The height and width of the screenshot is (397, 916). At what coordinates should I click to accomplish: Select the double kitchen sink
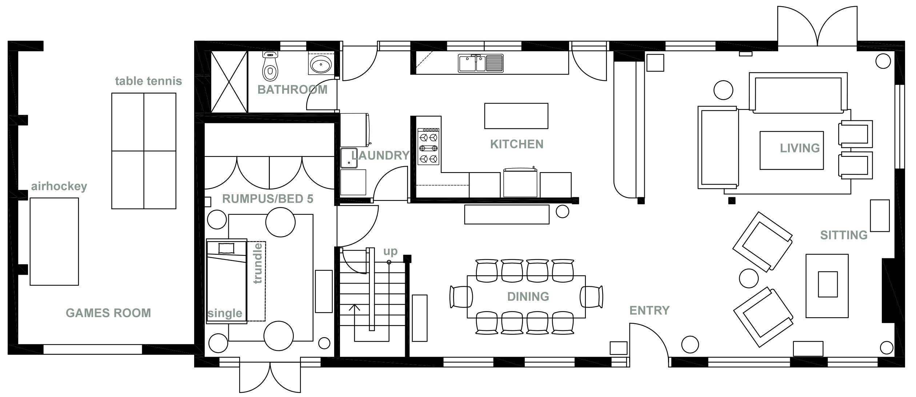point(480,63)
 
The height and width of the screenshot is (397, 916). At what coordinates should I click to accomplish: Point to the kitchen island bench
point(516,116)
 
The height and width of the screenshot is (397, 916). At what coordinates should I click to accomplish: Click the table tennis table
point(144,151)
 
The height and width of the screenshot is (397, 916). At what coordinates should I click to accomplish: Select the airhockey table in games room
point(54,241)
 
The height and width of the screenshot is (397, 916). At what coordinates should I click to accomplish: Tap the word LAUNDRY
point(380,155)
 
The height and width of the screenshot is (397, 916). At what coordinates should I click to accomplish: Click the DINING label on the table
point(528,297)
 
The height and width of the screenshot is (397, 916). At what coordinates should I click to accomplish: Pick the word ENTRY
point(649,310)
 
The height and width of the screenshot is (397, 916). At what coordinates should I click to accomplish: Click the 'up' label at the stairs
point(390,251)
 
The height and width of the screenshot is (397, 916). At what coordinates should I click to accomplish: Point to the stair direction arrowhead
point(355,307)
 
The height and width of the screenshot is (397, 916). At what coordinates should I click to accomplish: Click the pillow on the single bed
point(226,248)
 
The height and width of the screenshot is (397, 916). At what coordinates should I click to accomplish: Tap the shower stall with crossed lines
point(229,82)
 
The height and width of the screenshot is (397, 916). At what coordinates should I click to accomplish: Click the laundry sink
point(349,157)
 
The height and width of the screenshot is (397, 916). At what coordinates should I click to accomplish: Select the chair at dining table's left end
point(460,297)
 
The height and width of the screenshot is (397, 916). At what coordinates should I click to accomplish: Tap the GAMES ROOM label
point(108,313)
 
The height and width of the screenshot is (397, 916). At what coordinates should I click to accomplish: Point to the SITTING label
point(843,235)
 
